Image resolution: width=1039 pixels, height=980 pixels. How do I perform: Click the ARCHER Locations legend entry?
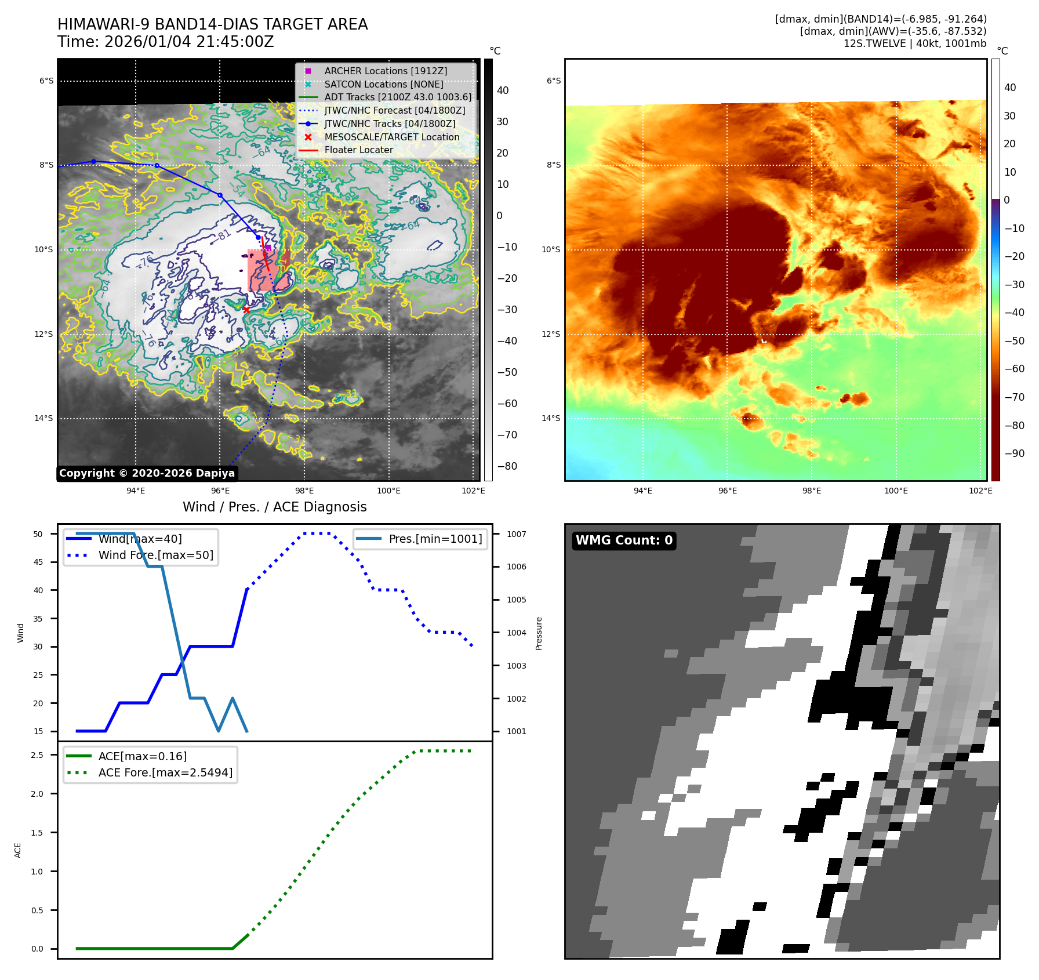point(386,71)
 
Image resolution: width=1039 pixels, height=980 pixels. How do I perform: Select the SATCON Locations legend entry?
point(384,84)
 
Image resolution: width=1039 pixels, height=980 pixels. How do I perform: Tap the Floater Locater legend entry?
point(358,150)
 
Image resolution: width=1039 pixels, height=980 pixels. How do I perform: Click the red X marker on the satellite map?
point(246,310)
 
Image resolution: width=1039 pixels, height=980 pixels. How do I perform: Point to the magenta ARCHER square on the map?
point(268,248)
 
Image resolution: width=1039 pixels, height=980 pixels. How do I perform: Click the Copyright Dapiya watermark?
point(147,473)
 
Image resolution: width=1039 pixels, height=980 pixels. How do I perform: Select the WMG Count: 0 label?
point(624,540)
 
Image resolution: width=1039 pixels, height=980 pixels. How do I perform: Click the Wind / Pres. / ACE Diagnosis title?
point(274,507)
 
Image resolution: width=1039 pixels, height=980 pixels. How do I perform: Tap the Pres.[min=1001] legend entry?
point(435,539)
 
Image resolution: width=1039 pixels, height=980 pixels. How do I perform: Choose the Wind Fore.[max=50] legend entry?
point(155,555)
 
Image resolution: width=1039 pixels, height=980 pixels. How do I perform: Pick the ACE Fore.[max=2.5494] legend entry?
point(165,772)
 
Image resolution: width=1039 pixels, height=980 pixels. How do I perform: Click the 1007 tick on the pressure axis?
point(516,534)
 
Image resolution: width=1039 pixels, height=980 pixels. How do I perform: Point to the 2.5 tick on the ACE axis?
point(37,755)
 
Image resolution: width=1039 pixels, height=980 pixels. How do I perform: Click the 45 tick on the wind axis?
point(38,562)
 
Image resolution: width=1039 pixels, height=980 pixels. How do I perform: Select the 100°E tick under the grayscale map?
point(388,491)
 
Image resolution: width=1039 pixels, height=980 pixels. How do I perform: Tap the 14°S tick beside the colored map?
point(551,418)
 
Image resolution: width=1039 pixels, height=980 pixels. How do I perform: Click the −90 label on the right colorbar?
point(1014,453)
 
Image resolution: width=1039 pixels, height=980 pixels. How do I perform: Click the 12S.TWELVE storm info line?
point(914,43)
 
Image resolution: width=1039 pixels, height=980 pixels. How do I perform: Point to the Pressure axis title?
point(539,633)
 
